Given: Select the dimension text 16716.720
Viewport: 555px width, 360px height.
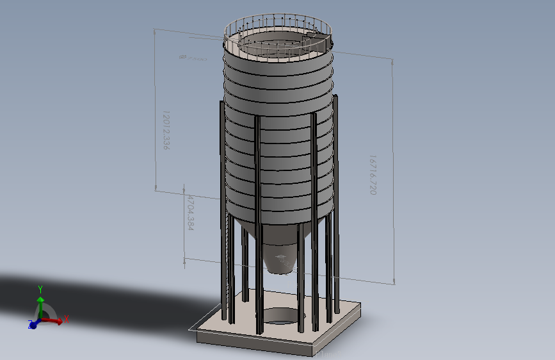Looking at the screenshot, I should coord(372,174).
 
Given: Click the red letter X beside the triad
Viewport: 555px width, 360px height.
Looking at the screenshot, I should coord(67,318).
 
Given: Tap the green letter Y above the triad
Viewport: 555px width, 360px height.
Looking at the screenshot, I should coord(40,288).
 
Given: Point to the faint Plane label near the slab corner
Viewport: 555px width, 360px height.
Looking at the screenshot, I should coord(326,351).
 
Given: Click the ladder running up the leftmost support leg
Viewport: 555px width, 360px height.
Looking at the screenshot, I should coord(229,256).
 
